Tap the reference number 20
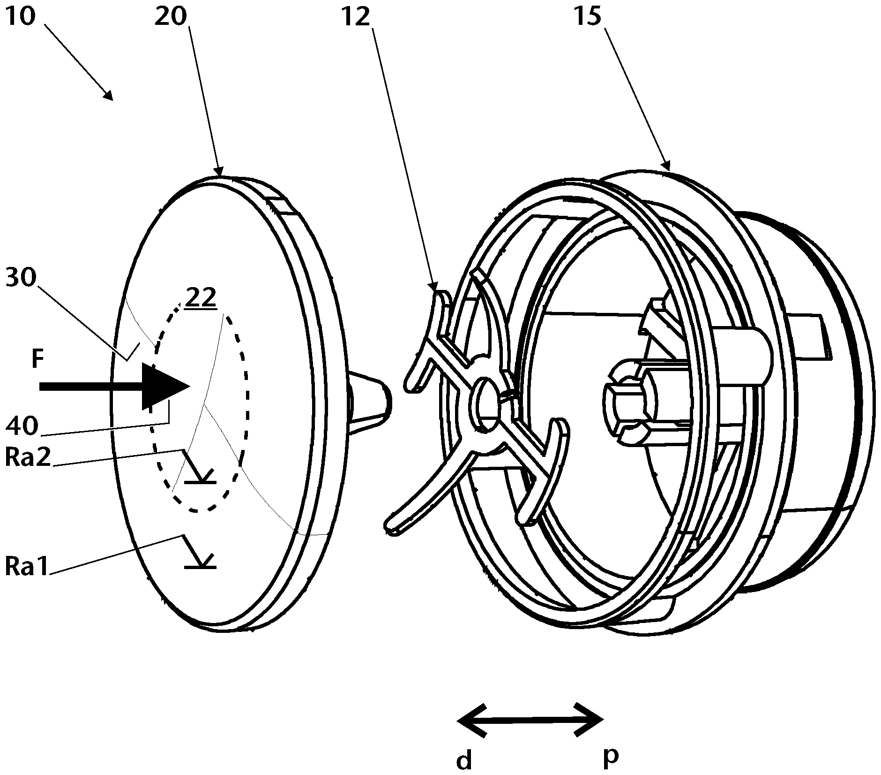coord(171,17)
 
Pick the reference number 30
coord(21,279)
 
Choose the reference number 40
coord(21,426)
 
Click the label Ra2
coord(27,458)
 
